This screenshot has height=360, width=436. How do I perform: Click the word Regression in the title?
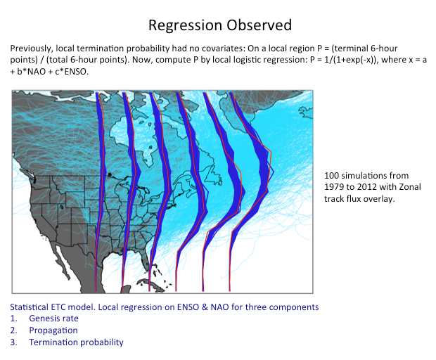(x=186, y=25)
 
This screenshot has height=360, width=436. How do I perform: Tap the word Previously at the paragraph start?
(x=32, y=49)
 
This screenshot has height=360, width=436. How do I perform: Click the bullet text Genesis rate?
(x=53, y=319)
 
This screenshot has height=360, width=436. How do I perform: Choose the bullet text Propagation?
(x=53, y=330)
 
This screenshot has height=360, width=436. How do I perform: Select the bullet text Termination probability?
(x=76, y=342)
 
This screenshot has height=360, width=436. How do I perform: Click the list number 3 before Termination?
(x=13, y=342)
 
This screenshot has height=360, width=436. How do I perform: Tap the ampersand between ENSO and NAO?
(x=205, y=307)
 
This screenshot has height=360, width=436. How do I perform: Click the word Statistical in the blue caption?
(x=30, y=307)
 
